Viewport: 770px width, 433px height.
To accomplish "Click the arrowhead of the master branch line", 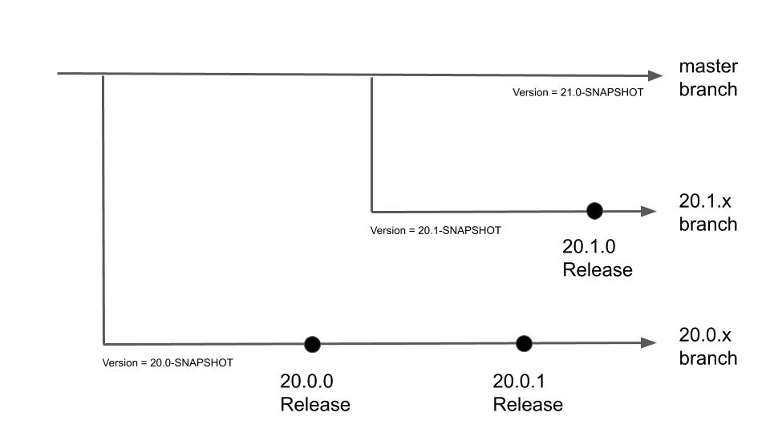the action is point(655,75).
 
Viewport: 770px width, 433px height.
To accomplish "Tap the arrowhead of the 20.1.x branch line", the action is point(649,211).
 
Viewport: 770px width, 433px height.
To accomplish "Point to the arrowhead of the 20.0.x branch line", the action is point(649,342).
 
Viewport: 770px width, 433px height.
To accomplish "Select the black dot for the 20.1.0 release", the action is point(594,211).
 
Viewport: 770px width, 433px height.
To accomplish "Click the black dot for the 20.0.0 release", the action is point(312,344).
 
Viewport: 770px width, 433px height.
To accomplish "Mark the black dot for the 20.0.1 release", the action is point(524,344).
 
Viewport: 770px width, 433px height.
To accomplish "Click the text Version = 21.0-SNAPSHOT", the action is point(578,92).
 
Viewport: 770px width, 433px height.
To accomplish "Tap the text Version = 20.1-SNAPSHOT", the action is point(436,230).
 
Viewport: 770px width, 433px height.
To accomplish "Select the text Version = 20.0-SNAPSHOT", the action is point(168,362).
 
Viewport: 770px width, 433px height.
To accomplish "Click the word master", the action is point(708,67).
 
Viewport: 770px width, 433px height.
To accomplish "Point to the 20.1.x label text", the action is point(705,200).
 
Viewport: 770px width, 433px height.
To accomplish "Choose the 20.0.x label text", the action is point(705,335).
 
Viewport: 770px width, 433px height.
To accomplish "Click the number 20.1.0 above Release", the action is point(589,246).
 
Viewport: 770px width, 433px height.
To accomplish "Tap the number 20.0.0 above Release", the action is point(306,381).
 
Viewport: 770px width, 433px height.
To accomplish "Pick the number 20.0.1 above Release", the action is point(519,381).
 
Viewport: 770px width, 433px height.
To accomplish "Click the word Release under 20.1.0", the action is point(598,269).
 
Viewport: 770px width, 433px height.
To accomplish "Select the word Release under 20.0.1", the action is point(528,404).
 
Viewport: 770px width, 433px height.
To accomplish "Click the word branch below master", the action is point(708,89).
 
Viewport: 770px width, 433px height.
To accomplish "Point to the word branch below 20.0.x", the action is point(708,358).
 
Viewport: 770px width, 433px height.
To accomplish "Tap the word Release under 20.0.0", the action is point(315,404).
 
